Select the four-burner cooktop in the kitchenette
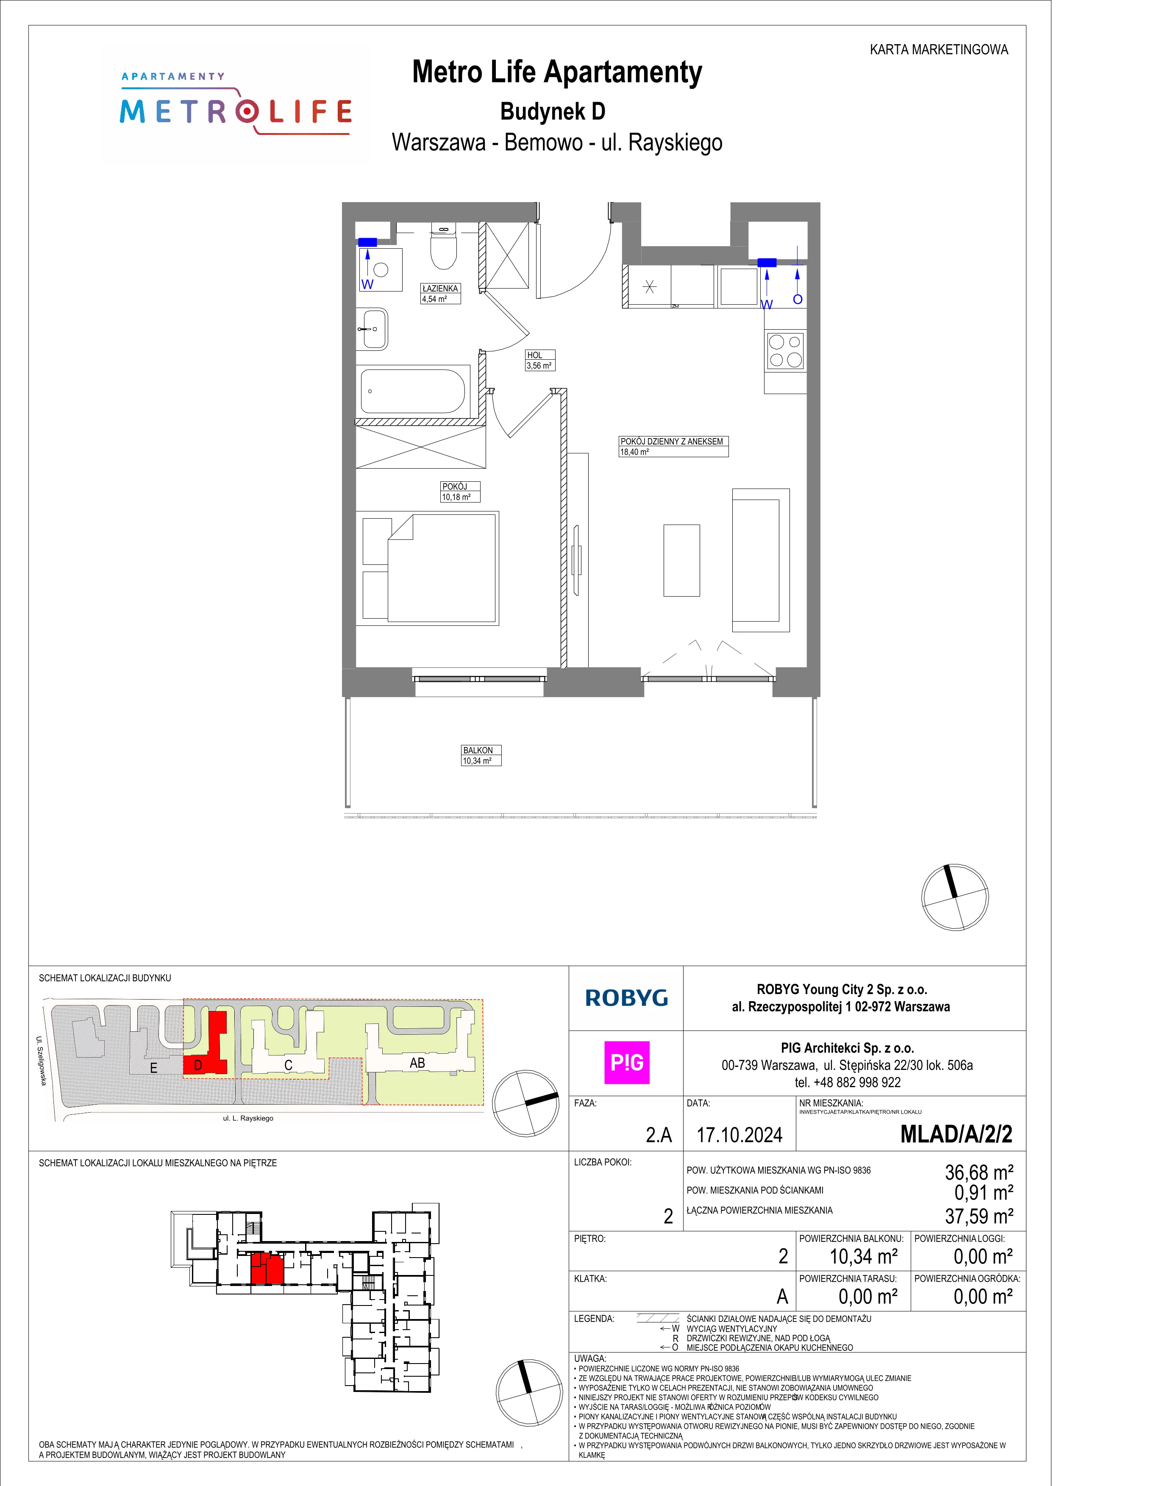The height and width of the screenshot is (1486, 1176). click(x=785, y=350)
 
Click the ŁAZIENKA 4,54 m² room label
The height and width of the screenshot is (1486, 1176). click(x=441, y=294)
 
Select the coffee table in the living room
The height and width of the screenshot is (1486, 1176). click(x=681, y=560)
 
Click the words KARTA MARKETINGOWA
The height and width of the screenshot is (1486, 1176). click(x=939, y=50)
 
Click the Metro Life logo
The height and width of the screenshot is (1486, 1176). click(x=236, y=105)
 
